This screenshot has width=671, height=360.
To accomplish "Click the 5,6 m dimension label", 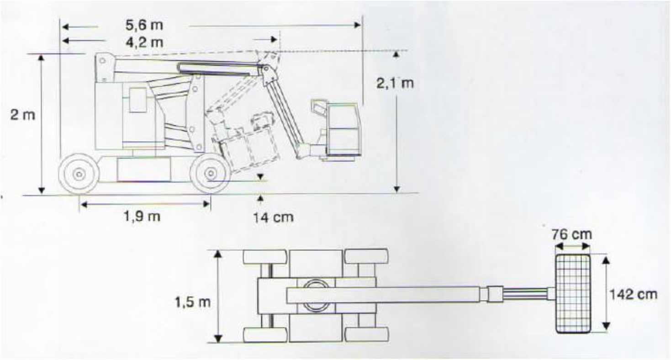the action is point(144,25).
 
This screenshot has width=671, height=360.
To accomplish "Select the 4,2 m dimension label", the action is point(144,42).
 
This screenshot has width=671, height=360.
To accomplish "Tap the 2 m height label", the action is point(23,115).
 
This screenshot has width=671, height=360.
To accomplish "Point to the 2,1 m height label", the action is point(395,83).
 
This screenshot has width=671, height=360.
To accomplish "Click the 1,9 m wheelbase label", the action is point(142,216).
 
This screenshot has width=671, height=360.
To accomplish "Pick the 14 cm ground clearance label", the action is point(273,217).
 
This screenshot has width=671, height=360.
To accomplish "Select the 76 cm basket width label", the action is point(572,234).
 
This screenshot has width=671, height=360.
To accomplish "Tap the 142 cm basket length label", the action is point(634,294).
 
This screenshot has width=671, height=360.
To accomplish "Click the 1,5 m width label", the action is point(193,302).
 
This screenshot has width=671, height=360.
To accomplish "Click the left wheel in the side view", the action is point(79,174).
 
